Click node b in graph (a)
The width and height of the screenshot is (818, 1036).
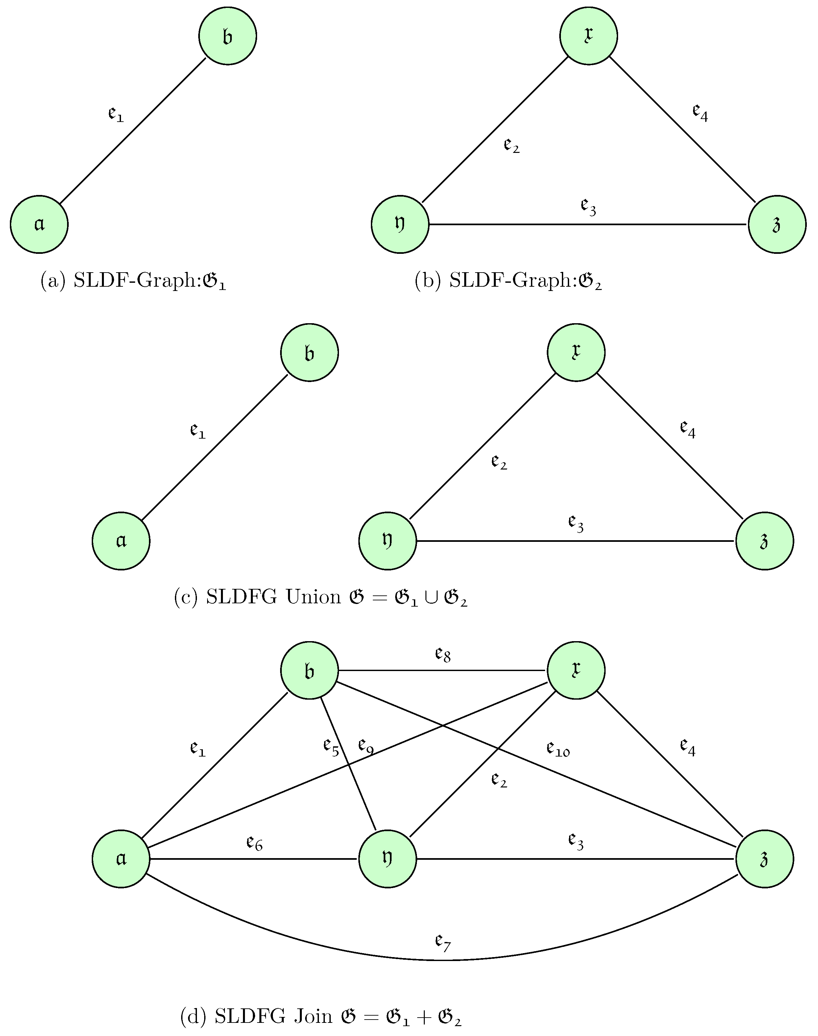(x=228, y=36)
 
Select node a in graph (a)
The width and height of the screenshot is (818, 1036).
(x=39, y=224)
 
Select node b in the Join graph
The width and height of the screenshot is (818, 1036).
(x=309, y=670)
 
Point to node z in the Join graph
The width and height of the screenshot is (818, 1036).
(x=764, y=859)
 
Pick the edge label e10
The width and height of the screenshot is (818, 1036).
(x=558, y=749)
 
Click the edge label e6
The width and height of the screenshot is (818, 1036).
(x=254, y=842)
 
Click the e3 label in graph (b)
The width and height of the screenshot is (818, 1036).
(x=589, y=207)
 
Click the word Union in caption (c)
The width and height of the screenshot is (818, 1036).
(x=313, y=598)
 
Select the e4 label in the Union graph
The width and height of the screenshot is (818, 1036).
(x=688, y=429)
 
